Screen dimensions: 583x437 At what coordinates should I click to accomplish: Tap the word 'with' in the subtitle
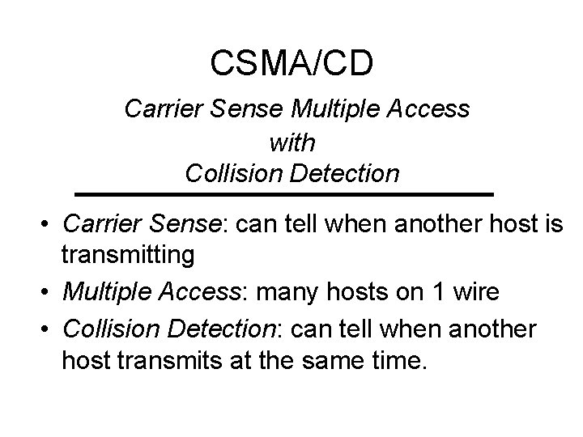point(291,142)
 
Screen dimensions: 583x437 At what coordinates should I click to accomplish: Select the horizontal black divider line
point(283,195)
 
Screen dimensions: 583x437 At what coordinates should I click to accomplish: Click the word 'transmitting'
point(128,256)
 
